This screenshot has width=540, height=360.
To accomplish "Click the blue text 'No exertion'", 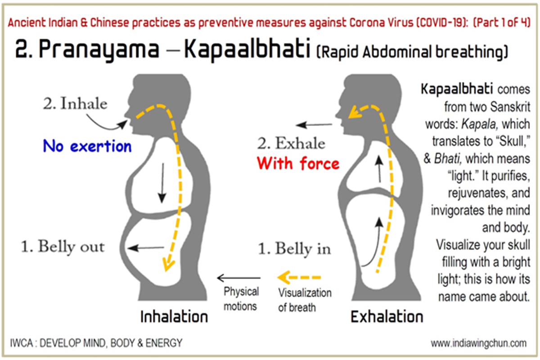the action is pyautogui.click(x=87, y=146).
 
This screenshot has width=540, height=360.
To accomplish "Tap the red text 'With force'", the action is pyautogui.click(x=298, y=163).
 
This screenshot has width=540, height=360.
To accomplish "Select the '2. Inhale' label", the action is pyautogui.click(x=75, y=103).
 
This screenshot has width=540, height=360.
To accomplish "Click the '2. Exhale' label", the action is pyautogui.click(x=291, y=143).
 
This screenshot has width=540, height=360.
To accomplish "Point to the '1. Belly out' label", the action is pyautogui.click(x=63, y=247).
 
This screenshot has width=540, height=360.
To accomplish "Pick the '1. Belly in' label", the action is pyautogui.click(x=294, y=248).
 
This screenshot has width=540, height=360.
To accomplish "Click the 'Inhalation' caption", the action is pyautogui.click(x=174, y=317).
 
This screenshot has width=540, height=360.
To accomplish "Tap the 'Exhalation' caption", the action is pyautogui.click(x=387, y=317).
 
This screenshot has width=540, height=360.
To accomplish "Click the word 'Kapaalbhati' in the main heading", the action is pyautogui.click(x=247, y=49).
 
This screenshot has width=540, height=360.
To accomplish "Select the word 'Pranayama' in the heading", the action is pyautogui.click(x=99, y=50).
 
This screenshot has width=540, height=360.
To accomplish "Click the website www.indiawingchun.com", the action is pyautogui.click(x=478, y=343).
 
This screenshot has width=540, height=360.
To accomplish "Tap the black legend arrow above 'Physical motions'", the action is pyautogui.click(x=238, y=278).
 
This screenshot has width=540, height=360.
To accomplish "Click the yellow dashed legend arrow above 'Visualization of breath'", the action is pyautogui.click(x=299, y=278).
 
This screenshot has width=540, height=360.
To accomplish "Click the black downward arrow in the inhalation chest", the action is pyautogui.click(x=162, y=183).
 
